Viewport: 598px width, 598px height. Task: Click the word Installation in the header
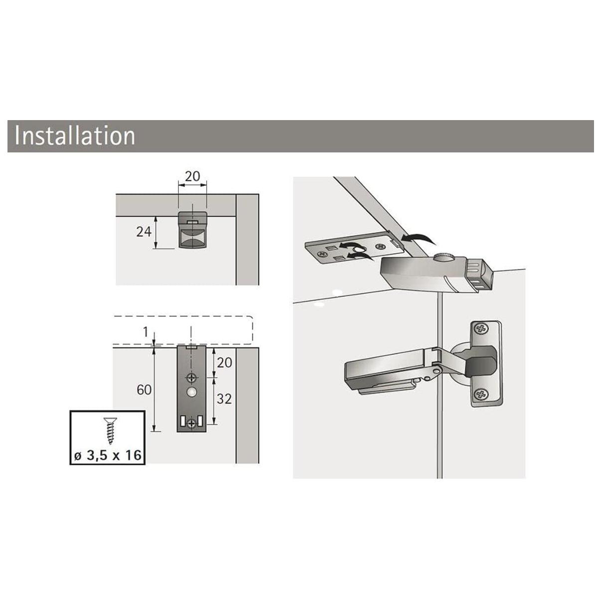75,136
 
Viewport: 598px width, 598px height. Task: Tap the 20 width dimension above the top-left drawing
192,176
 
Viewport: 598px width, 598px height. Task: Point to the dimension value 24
144,232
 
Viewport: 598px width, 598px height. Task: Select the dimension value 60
144,390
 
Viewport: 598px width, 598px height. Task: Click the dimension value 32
224,399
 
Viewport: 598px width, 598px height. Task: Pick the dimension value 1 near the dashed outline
146,332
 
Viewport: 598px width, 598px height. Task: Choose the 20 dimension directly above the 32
224,362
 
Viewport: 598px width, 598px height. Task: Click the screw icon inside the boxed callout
111,431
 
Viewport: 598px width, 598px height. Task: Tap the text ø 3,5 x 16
108,455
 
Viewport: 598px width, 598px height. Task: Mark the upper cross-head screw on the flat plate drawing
191,378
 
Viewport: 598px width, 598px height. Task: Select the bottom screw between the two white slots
192,423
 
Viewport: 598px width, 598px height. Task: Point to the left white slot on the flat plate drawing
182,421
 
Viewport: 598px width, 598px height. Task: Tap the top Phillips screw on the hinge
481,329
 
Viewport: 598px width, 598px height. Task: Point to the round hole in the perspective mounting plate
361,249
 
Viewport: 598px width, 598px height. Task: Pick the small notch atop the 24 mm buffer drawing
193,222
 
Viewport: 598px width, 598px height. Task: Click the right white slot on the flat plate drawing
200,421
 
